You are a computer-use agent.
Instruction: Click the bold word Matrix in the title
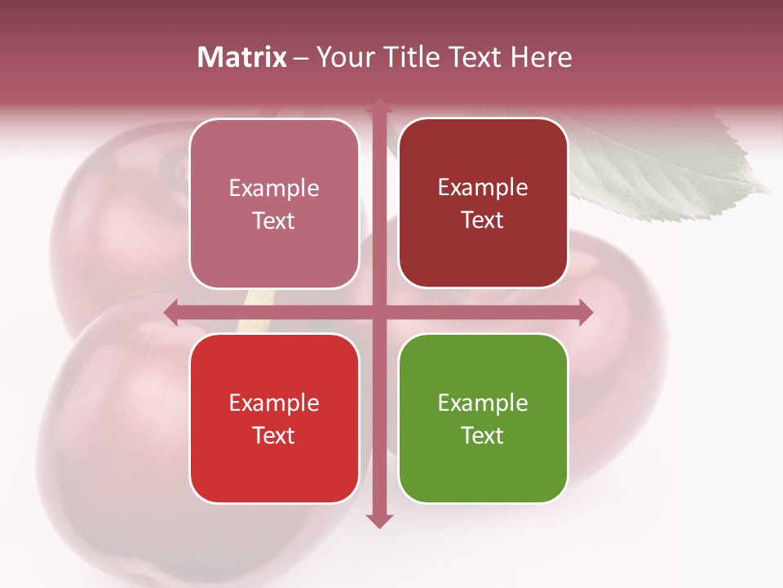click(x=242, y=57)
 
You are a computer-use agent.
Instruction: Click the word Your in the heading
click(x=344, y=57)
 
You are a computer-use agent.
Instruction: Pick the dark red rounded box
click(x=483, y=203)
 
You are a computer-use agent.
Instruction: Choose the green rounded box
click(x=483, y=418)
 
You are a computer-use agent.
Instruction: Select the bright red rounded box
click(x=274, y=418)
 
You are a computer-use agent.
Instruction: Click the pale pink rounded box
click(x=274, y=203)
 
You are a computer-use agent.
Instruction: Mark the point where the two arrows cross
click(x=378, y=312)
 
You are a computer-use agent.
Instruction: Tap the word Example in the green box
click(x=483, y=403)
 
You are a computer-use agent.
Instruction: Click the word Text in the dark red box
click(x=483, y=220)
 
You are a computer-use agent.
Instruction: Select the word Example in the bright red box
click(x=274, y=403)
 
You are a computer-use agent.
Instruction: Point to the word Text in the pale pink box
click(x=274, y=221)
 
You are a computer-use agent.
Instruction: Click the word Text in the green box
click(x=483, y=436)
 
